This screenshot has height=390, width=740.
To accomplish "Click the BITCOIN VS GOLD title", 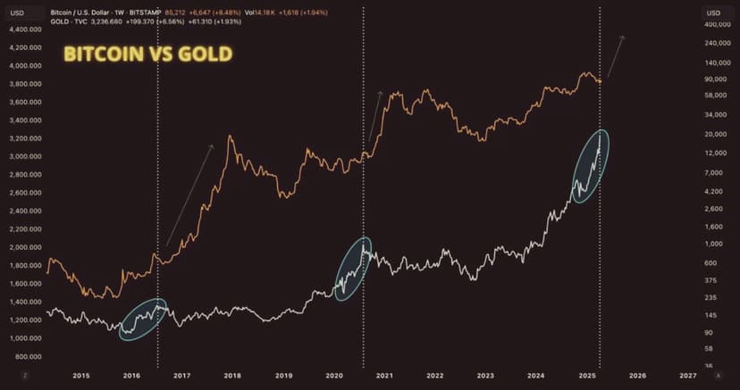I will point(147,54).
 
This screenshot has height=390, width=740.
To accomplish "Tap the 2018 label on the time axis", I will point(232,377).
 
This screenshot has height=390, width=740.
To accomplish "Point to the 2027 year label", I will point(687,377).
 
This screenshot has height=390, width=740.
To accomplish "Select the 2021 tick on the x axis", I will point(384,377).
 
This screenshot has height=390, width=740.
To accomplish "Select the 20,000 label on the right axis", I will point(714,134).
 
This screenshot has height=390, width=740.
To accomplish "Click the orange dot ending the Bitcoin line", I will point(599,81).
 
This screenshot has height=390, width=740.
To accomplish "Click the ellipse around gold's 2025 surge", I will point(591,165).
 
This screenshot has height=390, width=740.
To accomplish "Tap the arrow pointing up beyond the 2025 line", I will point(615,56).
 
